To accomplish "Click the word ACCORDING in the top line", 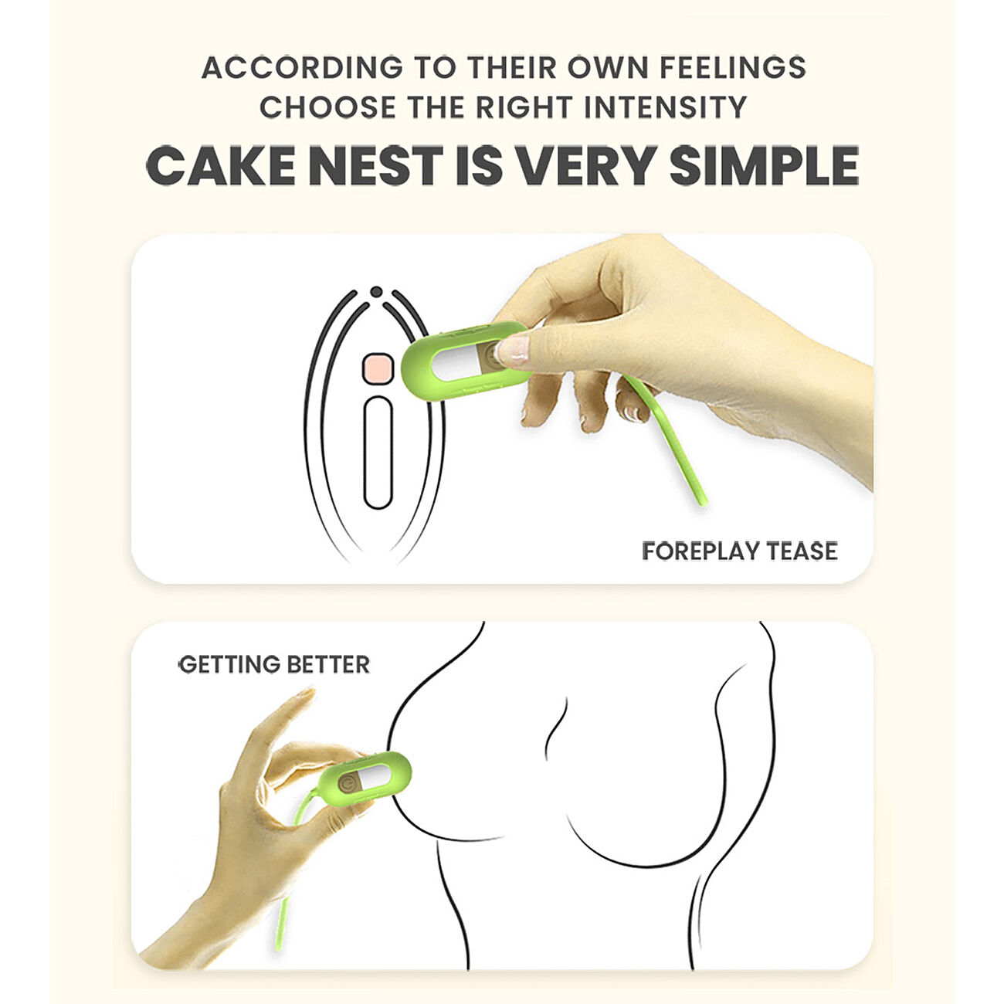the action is point(302,68).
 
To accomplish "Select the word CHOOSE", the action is point(327,107).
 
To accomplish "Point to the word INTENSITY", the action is point(666,107).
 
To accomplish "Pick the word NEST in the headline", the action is point(375,166).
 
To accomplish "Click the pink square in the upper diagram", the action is point(377,369).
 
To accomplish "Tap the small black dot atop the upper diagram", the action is point(376,292).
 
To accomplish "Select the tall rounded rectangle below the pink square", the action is point(378,453).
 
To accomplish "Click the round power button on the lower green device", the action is point(347,783).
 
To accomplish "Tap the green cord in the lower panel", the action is point(292,860).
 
